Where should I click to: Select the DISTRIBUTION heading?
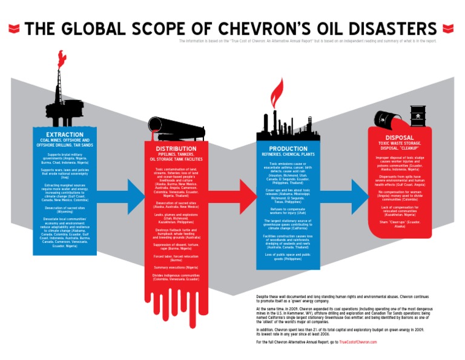click(176, 148)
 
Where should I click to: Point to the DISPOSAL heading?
click(399, 137)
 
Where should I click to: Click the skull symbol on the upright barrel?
click(418, 115)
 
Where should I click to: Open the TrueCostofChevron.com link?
click(358, 342)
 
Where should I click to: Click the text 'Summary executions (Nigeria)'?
click(176, 267)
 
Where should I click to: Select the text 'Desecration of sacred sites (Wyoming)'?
click(63, 210)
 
